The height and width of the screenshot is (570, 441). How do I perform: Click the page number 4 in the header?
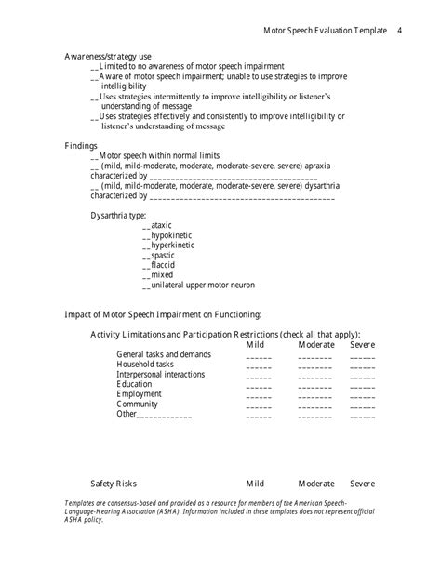[398, 31]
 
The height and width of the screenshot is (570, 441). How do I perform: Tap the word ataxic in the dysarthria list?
[161, 225]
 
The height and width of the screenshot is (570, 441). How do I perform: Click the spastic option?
[163, 255]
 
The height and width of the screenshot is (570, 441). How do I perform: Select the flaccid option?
[163, 265]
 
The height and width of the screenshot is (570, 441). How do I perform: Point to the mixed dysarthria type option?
[162, 275]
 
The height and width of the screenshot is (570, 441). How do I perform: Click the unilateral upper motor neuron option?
[202, 285]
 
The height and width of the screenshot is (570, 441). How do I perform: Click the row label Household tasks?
[145, 365]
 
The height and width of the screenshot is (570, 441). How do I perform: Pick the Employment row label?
[140, 394]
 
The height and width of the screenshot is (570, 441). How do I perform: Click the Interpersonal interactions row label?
[156, 375]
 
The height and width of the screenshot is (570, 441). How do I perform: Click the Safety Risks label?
[114, 484]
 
